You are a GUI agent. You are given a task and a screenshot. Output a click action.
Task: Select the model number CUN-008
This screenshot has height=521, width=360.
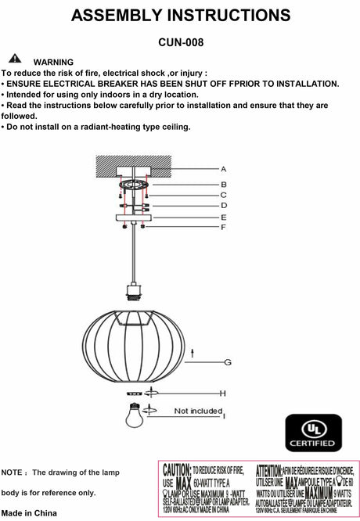[x=180, y=45]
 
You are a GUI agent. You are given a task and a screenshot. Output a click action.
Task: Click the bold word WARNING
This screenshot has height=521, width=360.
[x=53, y=62]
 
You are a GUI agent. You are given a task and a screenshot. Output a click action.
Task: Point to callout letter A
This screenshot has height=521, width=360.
[x=223, y=169]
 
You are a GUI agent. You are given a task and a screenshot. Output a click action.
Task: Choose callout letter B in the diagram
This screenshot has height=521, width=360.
[x=223, y=185]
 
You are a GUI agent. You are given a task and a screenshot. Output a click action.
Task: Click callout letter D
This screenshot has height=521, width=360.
[x=223, y=205]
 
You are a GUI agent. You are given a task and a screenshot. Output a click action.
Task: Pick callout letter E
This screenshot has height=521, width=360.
[x=223, y=217]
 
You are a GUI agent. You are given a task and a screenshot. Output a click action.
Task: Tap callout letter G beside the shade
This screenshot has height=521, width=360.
[x=228, y=361]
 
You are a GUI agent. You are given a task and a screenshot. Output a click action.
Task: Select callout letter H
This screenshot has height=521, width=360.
[x=223, y=393]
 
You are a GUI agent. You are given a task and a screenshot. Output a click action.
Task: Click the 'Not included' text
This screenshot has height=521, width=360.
[x=197, y=410]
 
